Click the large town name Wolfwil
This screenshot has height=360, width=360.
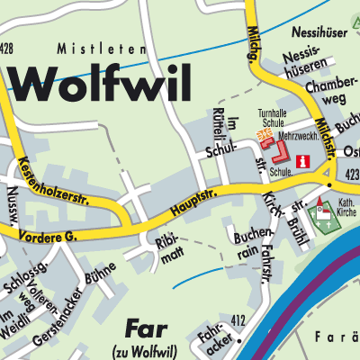click(103, 85)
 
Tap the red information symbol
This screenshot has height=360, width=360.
click(303, 162)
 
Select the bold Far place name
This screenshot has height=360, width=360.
click(145, 328)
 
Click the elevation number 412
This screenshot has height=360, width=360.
click(238, 319)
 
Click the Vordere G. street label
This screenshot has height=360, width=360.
click(42, 236)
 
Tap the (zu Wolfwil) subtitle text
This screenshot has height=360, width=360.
click(145, 348)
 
